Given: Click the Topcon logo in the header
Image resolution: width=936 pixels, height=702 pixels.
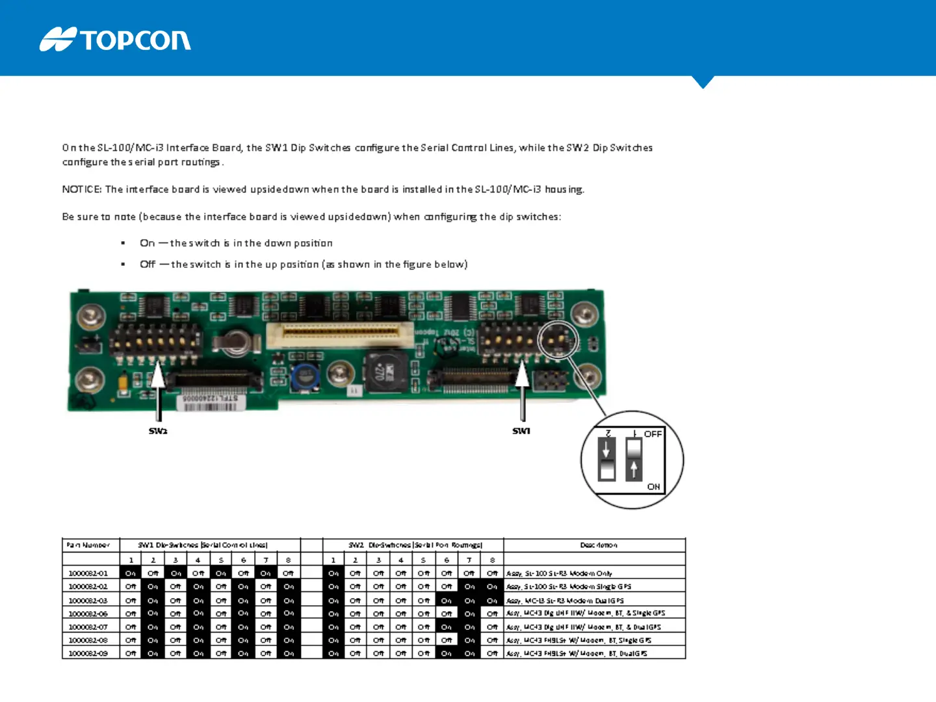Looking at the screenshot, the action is point(115,40).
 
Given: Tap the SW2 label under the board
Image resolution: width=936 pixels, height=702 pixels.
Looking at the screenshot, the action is point(158,431).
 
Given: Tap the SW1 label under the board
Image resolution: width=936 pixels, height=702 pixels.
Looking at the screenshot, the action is point(521,431).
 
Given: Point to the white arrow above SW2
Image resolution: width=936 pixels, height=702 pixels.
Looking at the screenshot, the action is point(158,390).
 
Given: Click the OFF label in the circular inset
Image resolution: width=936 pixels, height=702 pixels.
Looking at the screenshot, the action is point(653,434).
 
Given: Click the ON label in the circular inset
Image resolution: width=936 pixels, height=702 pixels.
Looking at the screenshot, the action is point(653,486).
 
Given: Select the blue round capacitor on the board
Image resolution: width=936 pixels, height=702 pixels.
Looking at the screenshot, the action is point(304,376).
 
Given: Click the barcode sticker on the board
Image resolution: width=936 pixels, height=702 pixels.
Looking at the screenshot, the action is point(211,402).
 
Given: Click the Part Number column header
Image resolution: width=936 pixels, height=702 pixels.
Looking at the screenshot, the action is point(88,545).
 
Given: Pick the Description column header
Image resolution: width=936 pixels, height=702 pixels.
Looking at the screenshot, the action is point(598,545).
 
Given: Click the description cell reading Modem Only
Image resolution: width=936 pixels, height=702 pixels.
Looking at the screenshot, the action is point(559,573).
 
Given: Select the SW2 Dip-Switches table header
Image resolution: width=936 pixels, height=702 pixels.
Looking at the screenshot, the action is point(415,545).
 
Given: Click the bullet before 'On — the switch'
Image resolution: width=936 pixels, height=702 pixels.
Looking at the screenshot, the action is point(123,243).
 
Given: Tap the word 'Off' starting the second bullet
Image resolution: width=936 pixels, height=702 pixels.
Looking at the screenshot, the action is point(148,264).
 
